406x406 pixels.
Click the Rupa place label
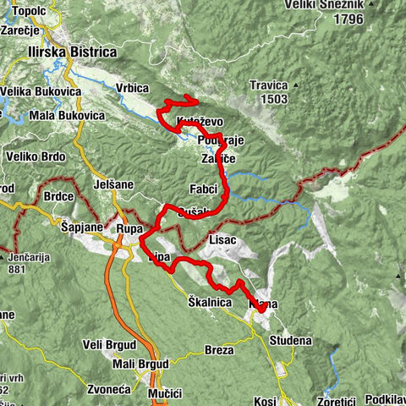129,228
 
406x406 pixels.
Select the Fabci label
204,188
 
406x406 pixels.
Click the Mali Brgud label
140,364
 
